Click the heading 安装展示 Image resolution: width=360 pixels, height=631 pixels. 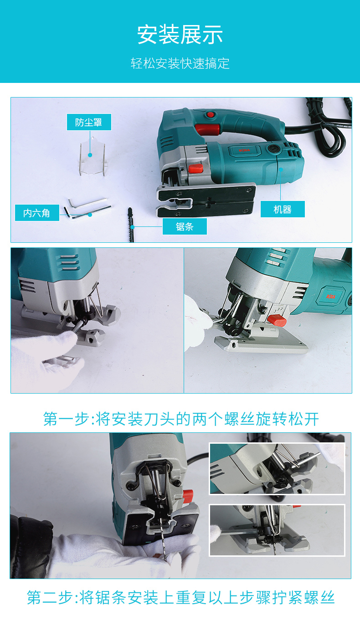(x=180, y=35)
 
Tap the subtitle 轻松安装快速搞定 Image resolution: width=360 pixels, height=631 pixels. (x=180, y=63)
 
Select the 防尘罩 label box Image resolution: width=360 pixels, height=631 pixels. (x=89, y=122)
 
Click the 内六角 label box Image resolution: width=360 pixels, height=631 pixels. (x=37, y=213)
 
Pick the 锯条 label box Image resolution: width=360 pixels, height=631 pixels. (x=185, y=226)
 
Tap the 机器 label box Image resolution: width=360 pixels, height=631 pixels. (x=283, y=209)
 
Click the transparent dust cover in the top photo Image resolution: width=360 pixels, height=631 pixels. (x=93, y=158)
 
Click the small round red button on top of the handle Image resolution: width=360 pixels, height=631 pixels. (x=211, y=114)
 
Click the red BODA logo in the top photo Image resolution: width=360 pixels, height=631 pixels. (x=244, y=150)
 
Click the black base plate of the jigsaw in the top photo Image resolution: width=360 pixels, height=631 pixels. (x=206, y=200)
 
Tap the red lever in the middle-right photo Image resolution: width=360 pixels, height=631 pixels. (x=277, y=321)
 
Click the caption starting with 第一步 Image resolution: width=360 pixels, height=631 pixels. (x=181, y=419)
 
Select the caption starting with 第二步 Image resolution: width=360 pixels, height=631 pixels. (x=180, y=597)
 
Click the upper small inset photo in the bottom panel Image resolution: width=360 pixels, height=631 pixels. (x=277, y=468)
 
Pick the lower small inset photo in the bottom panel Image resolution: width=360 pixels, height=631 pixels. (x=277, y=530)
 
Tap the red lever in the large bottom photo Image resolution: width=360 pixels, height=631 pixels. (x=188, y=495)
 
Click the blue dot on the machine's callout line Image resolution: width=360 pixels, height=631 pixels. (x=281, y=169)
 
